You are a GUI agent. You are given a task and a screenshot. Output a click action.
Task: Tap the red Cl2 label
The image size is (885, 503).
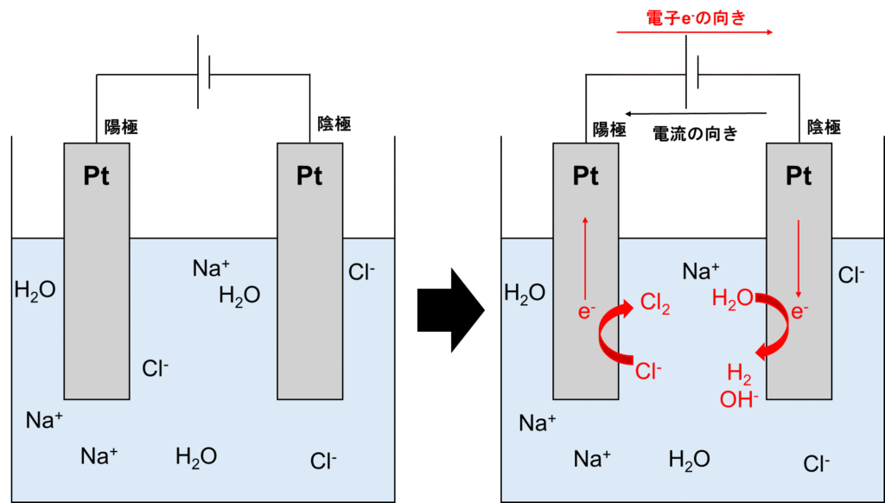point(654,303)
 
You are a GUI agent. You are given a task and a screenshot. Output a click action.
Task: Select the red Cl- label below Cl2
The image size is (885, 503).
point(648,372)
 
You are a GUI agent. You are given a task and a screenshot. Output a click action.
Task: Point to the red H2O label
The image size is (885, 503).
point(731,299)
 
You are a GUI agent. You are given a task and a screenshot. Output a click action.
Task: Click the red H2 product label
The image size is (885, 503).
point(738,373)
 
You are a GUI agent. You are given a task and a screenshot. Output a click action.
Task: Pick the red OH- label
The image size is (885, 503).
point(739,399)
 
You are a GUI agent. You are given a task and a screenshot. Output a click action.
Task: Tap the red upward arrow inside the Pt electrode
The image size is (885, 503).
point(586,258)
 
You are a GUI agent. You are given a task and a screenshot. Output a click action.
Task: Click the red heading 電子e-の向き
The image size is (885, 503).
point(695,18)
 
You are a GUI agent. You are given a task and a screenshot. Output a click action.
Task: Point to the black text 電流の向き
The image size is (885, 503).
point(695,134)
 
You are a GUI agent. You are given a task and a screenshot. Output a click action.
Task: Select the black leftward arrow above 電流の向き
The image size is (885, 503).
point(696,114)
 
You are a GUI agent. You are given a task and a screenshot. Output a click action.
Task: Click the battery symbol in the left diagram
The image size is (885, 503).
point(205,74)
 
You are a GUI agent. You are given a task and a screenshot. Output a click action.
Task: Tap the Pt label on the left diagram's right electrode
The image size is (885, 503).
point(309,176)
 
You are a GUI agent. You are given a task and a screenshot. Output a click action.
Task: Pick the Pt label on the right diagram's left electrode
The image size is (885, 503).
point(586,176)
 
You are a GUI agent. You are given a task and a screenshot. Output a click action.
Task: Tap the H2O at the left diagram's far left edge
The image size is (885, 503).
point(35,290)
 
